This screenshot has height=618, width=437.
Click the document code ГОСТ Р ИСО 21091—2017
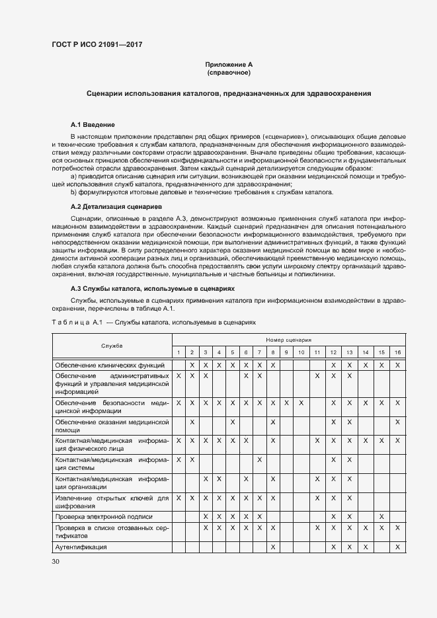(x=97, y=44)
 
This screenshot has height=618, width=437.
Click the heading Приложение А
(x=228, y=64)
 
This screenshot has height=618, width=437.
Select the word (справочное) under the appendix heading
(x=228, y=72)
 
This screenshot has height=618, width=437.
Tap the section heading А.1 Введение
(x=93, y=124)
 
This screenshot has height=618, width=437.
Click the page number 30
(x=56, y=562)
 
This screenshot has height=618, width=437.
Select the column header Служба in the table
(x=112, y=346)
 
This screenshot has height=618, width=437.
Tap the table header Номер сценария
(x=288, y=339)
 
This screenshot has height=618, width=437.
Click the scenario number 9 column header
(x=286, y=352)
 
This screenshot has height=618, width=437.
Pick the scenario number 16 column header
(x=397, y=352)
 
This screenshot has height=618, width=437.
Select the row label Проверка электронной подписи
(x=104, y=516)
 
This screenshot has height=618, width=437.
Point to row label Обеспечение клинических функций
(x=109, y=364)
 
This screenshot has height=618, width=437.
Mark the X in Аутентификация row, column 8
(x=272, y=547)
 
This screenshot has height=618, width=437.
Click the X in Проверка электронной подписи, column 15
(x=381, y=516)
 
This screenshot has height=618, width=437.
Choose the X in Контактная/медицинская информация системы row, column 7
(x=259, y=459)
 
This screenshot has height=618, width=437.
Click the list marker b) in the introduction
(x=74, y=192)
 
